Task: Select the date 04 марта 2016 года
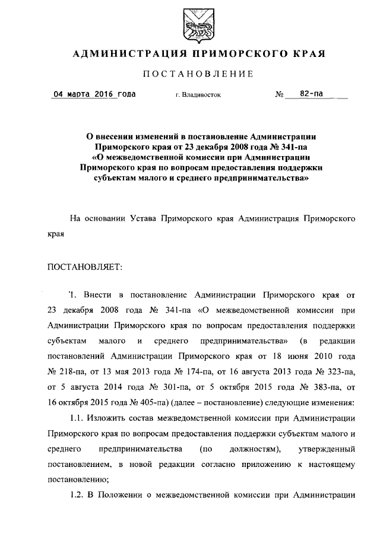[94, 94]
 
